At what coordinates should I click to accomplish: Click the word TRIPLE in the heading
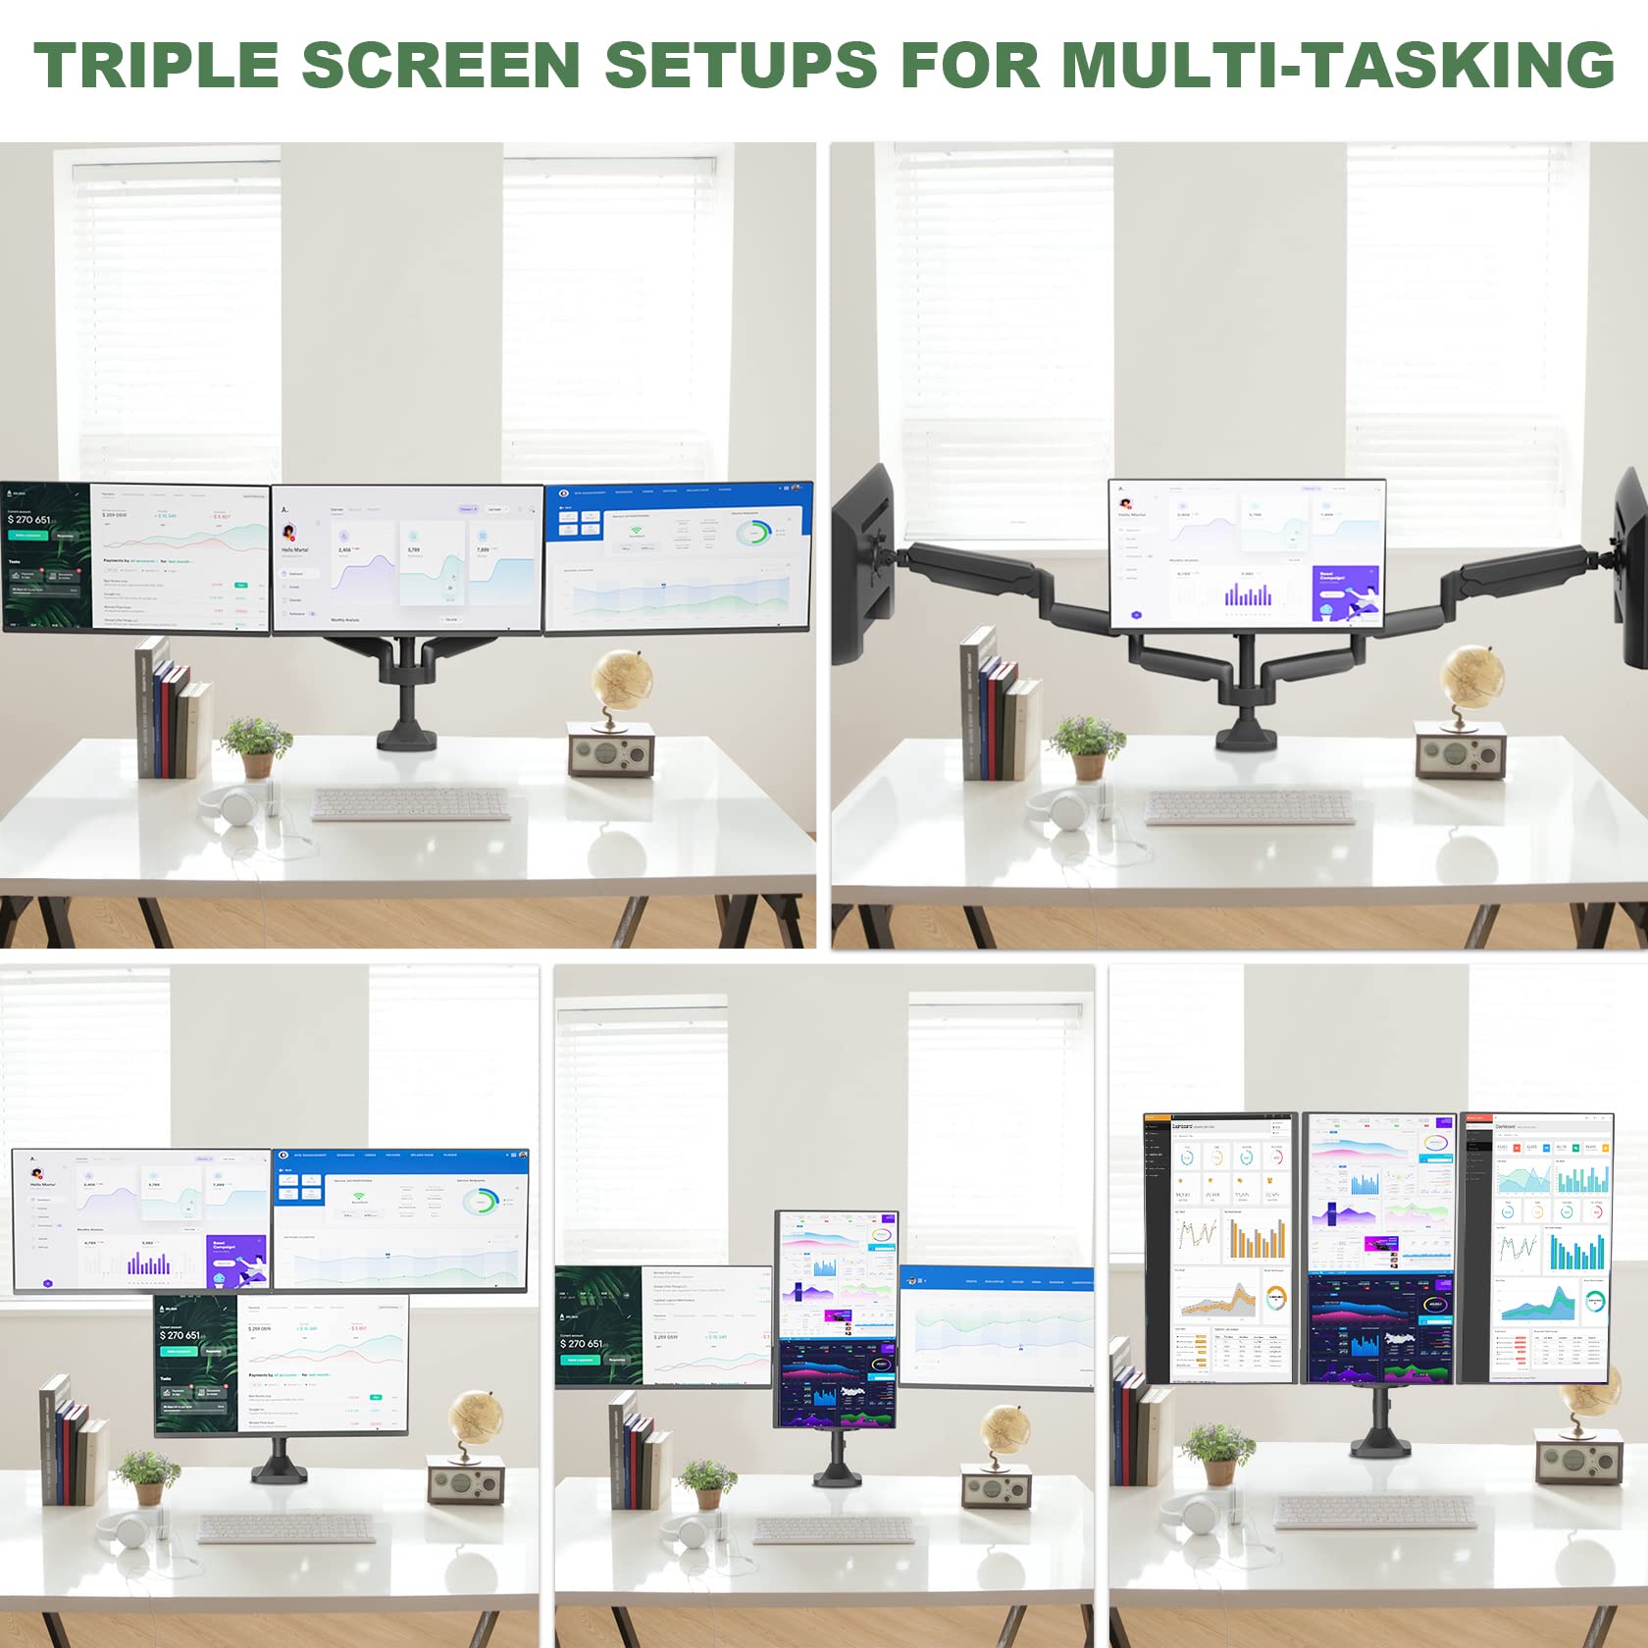[157, 65]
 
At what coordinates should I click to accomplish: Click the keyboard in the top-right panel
[1249, 807]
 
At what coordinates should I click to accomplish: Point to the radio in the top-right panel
[1460, 751]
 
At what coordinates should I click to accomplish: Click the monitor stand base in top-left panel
[413, 734]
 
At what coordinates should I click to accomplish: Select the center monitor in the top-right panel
[1246, 554]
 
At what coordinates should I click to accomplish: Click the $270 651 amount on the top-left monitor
[29, 519]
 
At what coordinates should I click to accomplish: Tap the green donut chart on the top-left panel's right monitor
[753, 533]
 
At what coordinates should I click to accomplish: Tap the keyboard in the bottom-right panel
[1373, 1512]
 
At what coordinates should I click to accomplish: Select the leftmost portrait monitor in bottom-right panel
[1220, 1248]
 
